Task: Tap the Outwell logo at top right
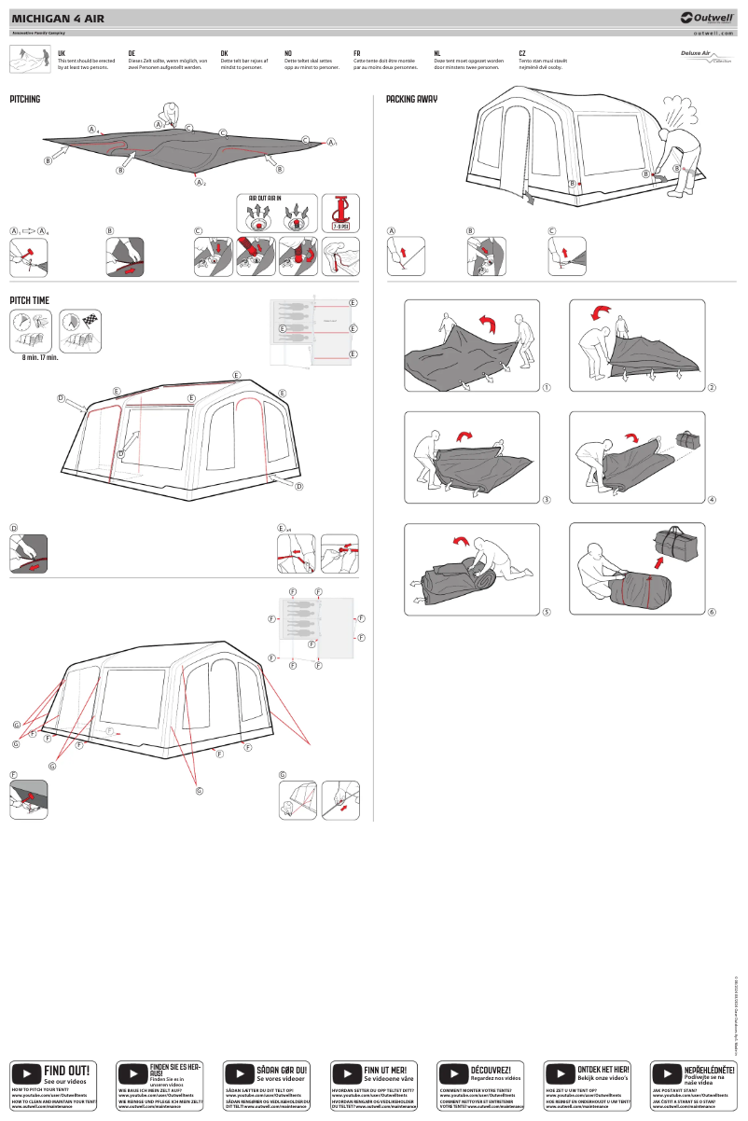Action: [x=709, y=17]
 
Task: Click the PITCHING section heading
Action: [x=25, y=99]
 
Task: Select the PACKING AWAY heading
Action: [x=411, y=99]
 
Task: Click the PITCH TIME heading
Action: [x=29, y=300]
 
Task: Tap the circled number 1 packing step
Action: [x=547, y=388]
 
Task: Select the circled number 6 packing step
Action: [x=712, y=612]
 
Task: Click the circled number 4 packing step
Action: [x=712, y=500]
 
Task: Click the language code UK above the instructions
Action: [x=62, y=54]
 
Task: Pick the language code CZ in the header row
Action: [x=522, y=54]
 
